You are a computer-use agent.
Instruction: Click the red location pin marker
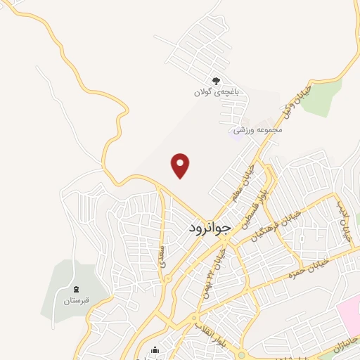point(181,166)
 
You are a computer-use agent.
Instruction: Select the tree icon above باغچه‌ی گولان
point(217,81)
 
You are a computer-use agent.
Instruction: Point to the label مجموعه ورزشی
point(259,129)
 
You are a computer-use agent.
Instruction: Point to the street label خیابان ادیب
point(342,222)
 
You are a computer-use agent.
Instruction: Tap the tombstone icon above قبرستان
point(75,290)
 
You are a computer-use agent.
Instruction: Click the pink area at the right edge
point(349,314)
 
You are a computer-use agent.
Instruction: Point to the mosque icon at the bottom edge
point(155,351)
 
